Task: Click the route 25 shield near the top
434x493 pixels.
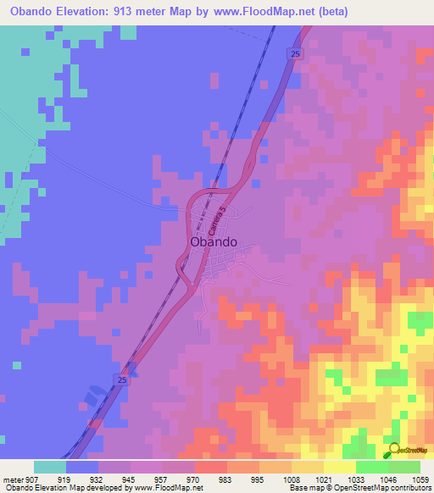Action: pos(294,54)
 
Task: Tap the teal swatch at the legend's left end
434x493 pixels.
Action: pos(50,467)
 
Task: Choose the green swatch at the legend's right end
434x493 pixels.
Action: pos(403,467)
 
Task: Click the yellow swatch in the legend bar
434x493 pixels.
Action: pos(339,467)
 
